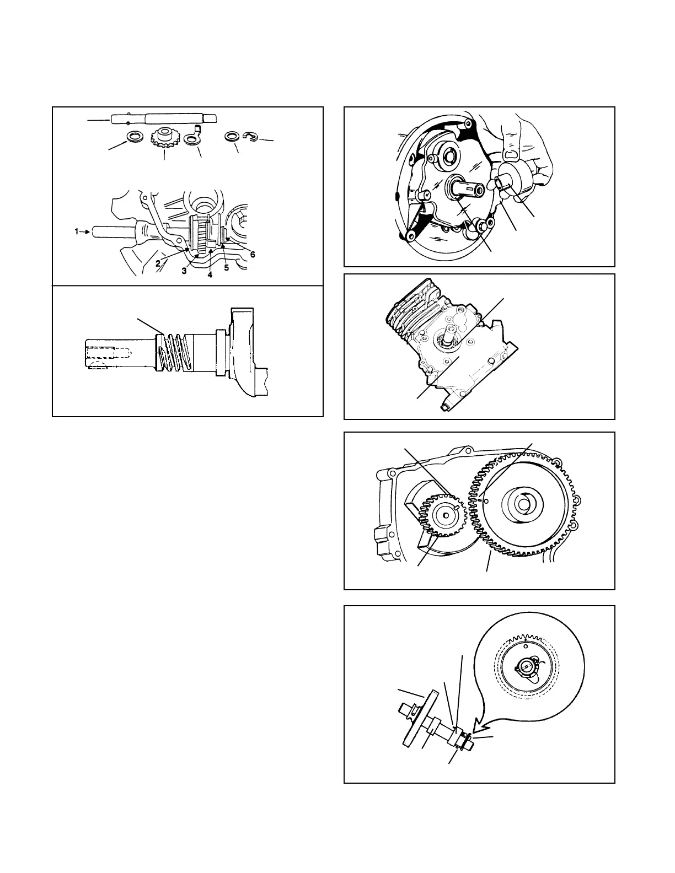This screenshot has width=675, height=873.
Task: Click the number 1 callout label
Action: pos(78,232)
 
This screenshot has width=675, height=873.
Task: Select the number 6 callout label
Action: pos(253,255)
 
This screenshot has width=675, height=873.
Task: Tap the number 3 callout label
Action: pos(185,271)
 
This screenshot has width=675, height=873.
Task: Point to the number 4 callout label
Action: pos(210,274)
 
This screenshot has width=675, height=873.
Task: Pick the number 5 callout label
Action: pos(226,268)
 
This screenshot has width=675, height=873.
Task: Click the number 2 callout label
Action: pos(158,263)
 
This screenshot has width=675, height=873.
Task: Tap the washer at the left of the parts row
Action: pos(133,136)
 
